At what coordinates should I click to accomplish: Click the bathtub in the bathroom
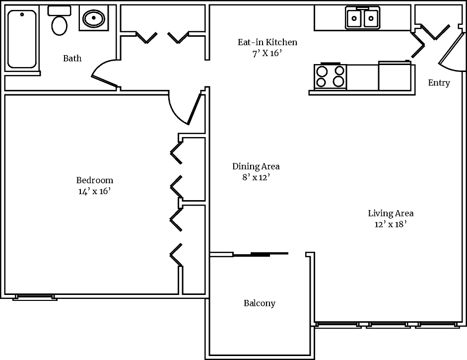click(22, 39)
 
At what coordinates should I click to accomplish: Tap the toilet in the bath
click(60, 22)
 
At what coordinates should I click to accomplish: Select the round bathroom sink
click(93, 19)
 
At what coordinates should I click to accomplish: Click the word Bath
click(72, 59)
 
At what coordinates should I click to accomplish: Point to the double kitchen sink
click(363, 18)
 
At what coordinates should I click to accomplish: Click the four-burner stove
click(331, 76)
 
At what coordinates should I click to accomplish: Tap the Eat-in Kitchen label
click(267, 42)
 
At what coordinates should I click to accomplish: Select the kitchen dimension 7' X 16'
click(267, 54)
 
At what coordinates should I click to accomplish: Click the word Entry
click(439, 83)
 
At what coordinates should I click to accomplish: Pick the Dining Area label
click(256, 166)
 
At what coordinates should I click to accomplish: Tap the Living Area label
click(391, 214)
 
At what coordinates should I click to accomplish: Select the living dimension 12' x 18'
click(391, 224)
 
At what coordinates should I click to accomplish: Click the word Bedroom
click(94, 180)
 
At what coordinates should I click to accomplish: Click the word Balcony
click(259, 303)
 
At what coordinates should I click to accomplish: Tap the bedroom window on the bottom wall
click(35, 297)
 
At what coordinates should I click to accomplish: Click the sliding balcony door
click(261, 254)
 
